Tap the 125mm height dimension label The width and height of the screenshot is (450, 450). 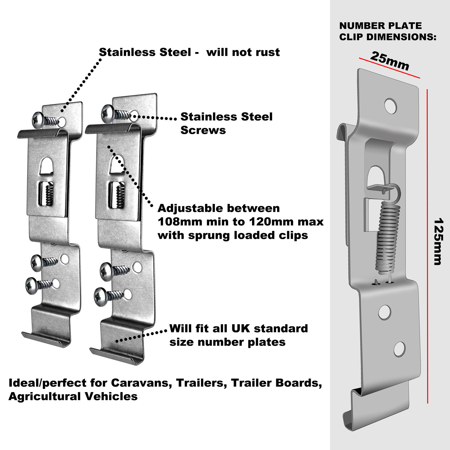[x=438, y=241]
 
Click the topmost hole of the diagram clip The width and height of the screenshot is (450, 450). [x=391, y=106]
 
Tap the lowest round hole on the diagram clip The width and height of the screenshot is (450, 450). [x=400, y=349]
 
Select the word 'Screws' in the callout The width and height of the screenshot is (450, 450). [x=203, y=130]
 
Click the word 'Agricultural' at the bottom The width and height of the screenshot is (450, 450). [x=44, y=397]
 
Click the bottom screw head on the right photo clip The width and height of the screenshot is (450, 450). [x=101, y=297]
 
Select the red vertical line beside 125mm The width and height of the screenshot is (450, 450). [x=427, y=246]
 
